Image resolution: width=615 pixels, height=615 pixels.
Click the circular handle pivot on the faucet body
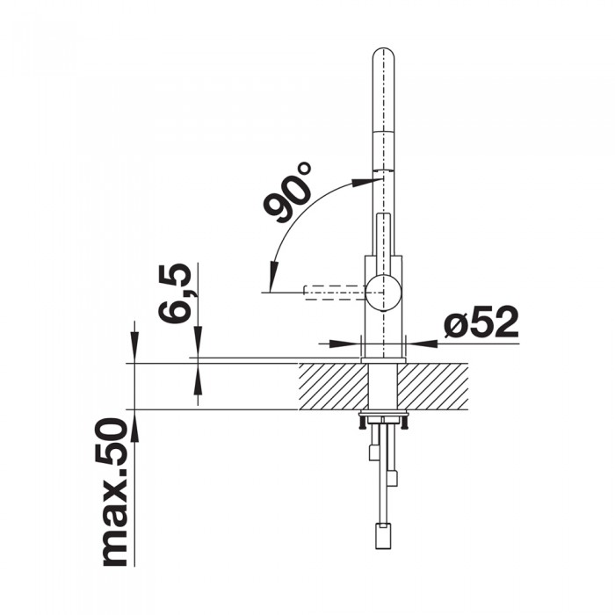click(x=383, y=291)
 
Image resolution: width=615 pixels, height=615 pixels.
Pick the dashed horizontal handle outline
click(x=332, y=291)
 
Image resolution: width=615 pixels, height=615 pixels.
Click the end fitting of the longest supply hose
click(x=383, y=534)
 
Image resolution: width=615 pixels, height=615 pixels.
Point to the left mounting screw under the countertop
click(x=361, y=424)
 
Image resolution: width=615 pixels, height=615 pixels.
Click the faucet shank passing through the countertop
click(x=383, y=387)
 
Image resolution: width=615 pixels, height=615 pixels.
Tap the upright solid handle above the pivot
click(x=383, y=242)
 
